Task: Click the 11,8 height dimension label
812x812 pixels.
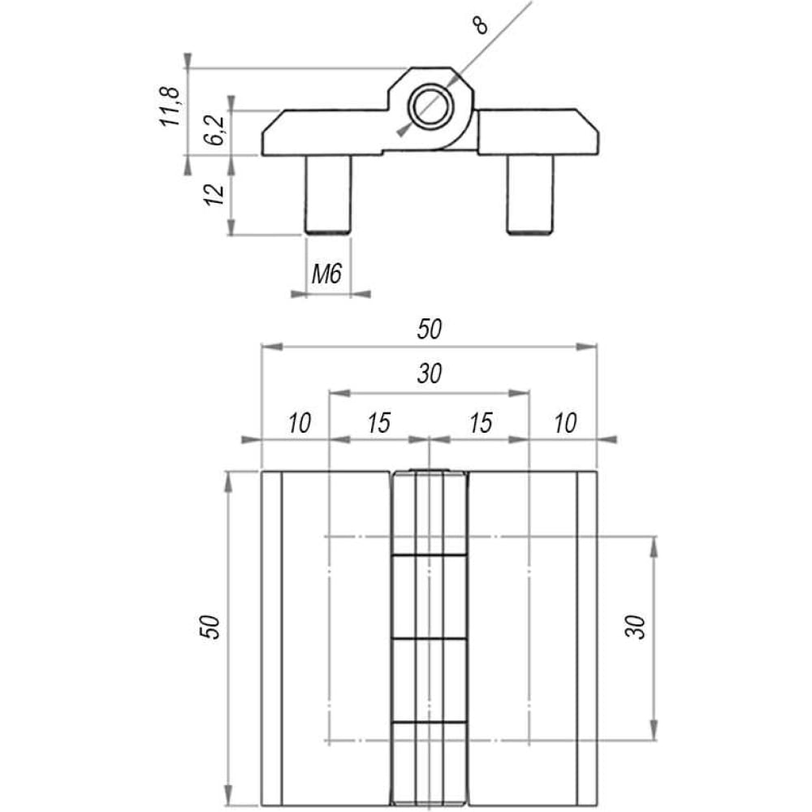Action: click(x=171, y=106)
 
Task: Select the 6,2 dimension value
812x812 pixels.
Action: click(x=215, y=129)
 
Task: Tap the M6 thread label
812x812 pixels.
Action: click(x=326, y=274)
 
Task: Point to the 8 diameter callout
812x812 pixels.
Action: click(x=481, y=25)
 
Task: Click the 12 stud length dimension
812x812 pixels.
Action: click(x=214, y=194)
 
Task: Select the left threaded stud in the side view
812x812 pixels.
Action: click(x=328, y=195)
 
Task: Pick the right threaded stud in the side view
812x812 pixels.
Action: click(x=529, y=195)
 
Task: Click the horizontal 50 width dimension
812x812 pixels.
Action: click(x=430, y=330)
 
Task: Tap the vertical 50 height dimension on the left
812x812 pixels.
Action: click(x=211, y=627)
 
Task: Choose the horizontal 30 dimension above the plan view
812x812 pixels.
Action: click(x=430, y=374)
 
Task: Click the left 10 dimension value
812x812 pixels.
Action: click(x=300, y=423)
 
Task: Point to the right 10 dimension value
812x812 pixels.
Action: click(x=565, y=423)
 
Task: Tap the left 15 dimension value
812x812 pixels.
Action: click(x=379, y=423)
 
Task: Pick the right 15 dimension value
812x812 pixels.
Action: click(x=481, y=423)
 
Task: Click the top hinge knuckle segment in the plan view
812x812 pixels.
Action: click(x=430, y=512)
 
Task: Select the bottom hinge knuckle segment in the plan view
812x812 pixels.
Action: click(x=430, y=764)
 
